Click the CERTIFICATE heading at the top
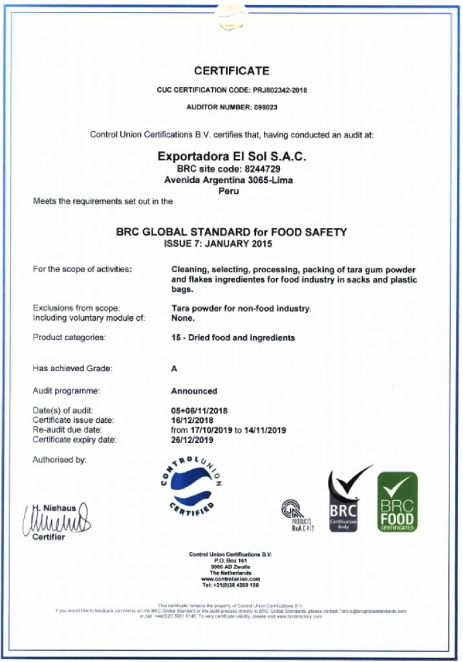pos(231,71)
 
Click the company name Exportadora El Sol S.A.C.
pos(231,157)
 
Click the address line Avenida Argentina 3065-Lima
pos(231,180)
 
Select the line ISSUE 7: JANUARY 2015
pos(231,244)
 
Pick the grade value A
pos(173,368)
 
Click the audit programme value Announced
pos(194,391)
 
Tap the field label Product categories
pos(69,337)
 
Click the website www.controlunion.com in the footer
pos(231,579)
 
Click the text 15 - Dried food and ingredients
pos(233,337)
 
